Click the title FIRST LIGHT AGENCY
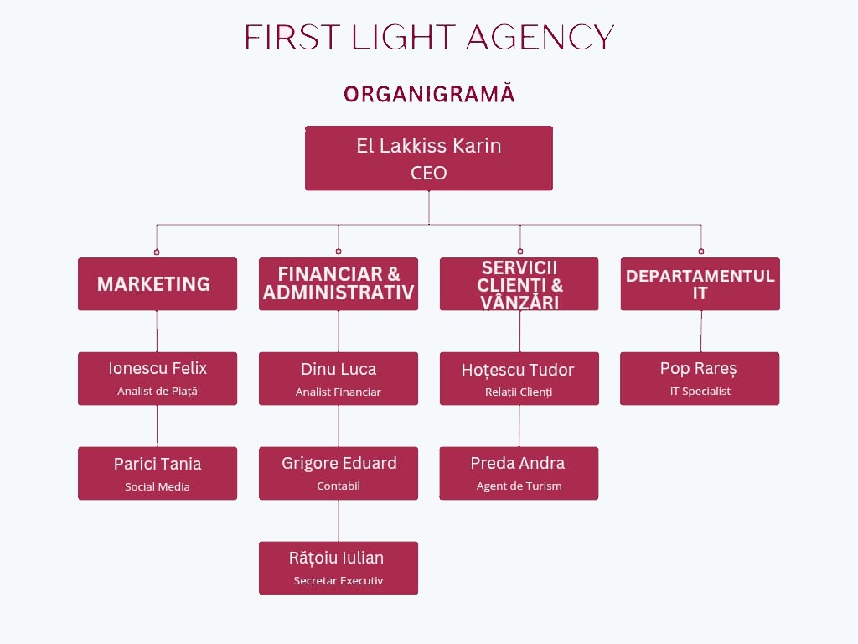[429, 37]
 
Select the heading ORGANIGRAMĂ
[429, 94]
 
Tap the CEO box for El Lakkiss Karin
[428, 158]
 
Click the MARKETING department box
[158, 284]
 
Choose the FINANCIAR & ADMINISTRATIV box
[339, 284]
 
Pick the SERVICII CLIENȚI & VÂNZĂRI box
[519, 284]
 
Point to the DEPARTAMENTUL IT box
[700, 284]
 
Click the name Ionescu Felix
[158, 368]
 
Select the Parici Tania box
[158, 473]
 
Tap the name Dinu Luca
[339, 369]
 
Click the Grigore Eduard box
[339, 473]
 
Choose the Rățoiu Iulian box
[339, 568]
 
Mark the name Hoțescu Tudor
[518, 370]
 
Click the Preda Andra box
[519, 473]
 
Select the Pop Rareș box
[700, 378]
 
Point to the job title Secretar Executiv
[339, 581]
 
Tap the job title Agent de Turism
[519, 486]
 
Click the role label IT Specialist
[700, 392]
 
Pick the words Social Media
[158, 487]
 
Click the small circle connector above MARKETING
[157, 252]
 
